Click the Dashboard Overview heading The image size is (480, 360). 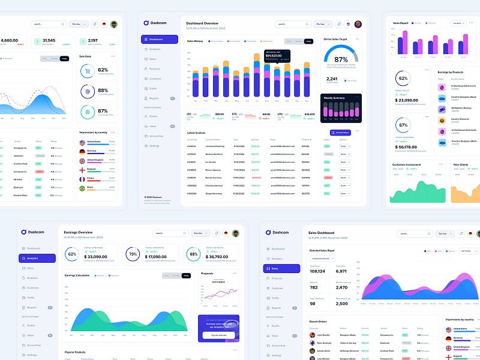[x=206, y=23]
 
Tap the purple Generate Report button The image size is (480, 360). [x=340, y=132]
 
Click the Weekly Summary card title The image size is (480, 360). [x=334, y=97]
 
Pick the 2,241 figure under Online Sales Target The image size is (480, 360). [x=332, y=79]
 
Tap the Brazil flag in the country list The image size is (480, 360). [x=82, y=188]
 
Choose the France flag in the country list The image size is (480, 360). [x=82, y=179]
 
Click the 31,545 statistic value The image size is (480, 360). [x=49, y=40]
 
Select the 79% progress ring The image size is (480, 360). [x=133, y=254]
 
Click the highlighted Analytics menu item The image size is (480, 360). [x=37, y=259]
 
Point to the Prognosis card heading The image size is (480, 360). [x=207, y=274]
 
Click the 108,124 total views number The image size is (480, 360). [x=318, y=271]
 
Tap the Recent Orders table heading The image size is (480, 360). [x=318, y=322]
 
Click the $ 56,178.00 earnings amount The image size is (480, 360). [x=407, y=146]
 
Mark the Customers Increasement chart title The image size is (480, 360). [x=407, y=164]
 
